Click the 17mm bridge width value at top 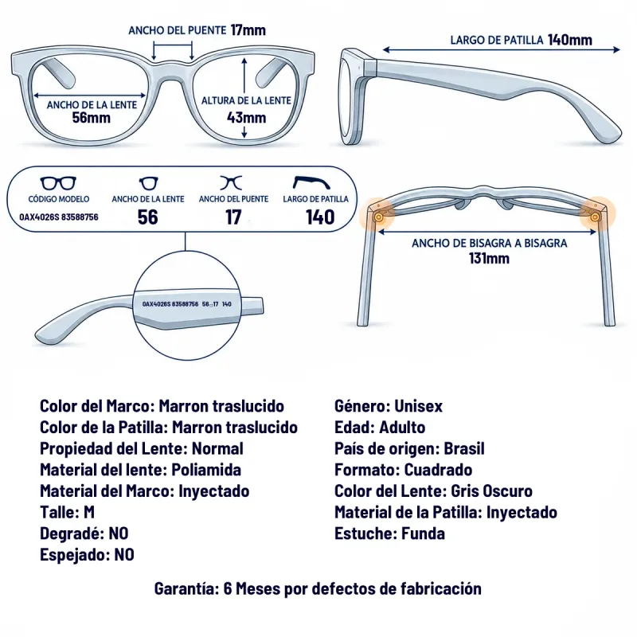[x=248, y=30]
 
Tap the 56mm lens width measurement [x=92, y=118]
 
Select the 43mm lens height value [x=246, y=118]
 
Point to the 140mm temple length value [x=570, y=40]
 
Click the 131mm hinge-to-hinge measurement [x=489, y=258]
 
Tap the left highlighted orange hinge [x=379, y=217]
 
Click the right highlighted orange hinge [x=596, y=216]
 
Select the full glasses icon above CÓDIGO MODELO [x=58, y=183]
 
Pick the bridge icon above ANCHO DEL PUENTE [x=231, y=183]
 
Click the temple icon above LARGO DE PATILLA [x=311, y=182]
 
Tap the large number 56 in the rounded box [x=147, y=217]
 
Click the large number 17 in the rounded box [x=233, y=217]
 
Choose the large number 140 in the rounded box [x=320, y=217]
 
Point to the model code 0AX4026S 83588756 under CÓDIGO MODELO [x=59, y=217]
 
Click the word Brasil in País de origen [x=464, y=448]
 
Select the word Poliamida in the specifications [x=206, y=470]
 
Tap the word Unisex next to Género [x=419, y=406]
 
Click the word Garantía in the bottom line [x=187, y=588]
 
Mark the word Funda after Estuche [x=423, y=533]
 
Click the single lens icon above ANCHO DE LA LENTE [x=148, y=183]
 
